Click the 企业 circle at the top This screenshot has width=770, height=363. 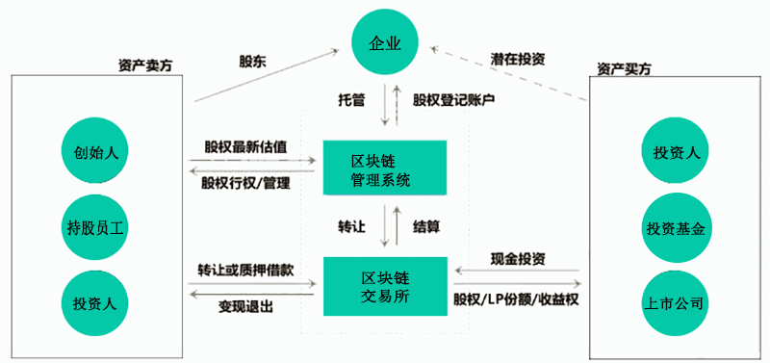(x=384, y=43)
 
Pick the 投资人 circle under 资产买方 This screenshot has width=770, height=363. (x=675, y=153)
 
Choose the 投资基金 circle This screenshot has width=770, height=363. (x=675, y=228)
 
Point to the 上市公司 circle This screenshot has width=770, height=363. (x=675, y=302)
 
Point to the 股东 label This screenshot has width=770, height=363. (x=253, y=60)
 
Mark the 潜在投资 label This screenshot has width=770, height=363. (x=517, y=59)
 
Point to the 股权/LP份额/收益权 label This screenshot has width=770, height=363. (x=516, y=299)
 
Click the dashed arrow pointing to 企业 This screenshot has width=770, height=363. (x=510, y=72)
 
